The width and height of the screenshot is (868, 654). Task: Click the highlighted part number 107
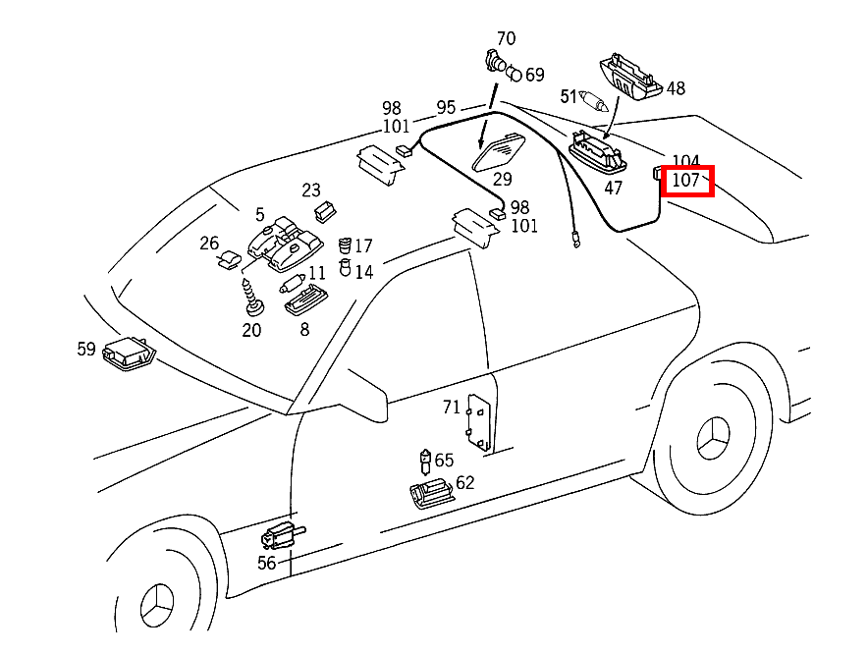pos(688,181)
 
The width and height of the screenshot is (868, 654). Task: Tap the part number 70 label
pos(506,39)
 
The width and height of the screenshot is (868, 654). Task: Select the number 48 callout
pos(676,88)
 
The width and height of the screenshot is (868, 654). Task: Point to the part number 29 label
pos(503,179)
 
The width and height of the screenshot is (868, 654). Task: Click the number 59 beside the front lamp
pos(87,348)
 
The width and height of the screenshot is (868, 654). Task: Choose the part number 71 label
pos(451,407)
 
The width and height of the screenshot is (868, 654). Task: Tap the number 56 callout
pos(267,563)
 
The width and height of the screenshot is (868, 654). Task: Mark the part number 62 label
pos(464,482)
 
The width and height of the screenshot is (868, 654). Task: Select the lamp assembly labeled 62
pos(431,493)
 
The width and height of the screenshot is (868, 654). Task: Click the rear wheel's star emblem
pos(714,444)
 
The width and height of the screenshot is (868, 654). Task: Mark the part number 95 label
pos(446,107)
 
